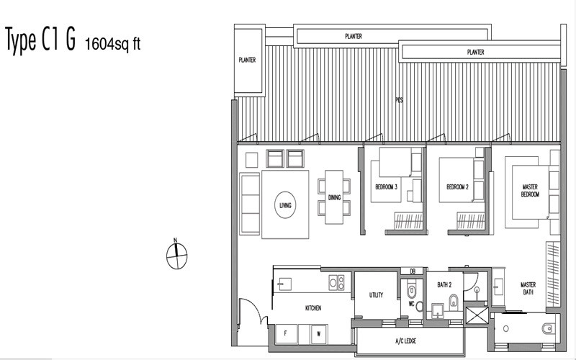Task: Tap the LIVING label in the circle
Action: coord(285,205)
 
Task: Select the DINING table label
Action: coord(334,197)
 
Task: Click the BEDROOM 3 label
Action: coord(386,187)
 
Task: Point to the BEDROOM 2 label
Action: coord(457,187)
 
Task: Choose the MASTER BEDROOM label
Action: coord(530,191)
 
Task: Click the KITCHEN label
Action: coord(313,308)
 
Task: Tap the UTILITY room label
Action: coord(376,294)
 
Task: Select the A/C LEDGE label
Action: coord(406,341)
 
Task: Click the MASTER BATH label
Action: coord(528,289)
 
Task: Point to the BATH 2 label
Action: coord(444,284)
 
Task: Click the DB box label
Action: coord(413,271)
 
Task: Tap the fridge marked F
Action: coord(287,333)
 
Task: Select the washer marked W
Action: coord(319,334)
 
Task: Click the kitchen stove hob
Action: coord(336,282)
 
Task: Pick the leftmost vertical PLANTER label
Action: coord(247,60)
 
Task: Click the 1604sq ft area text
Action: coord(113,44)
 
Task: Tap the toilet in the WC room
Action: coord(411,291)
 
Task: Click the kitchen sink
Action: coord(284,284)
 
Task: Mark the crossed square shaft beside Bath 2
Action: coord(477,315)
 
